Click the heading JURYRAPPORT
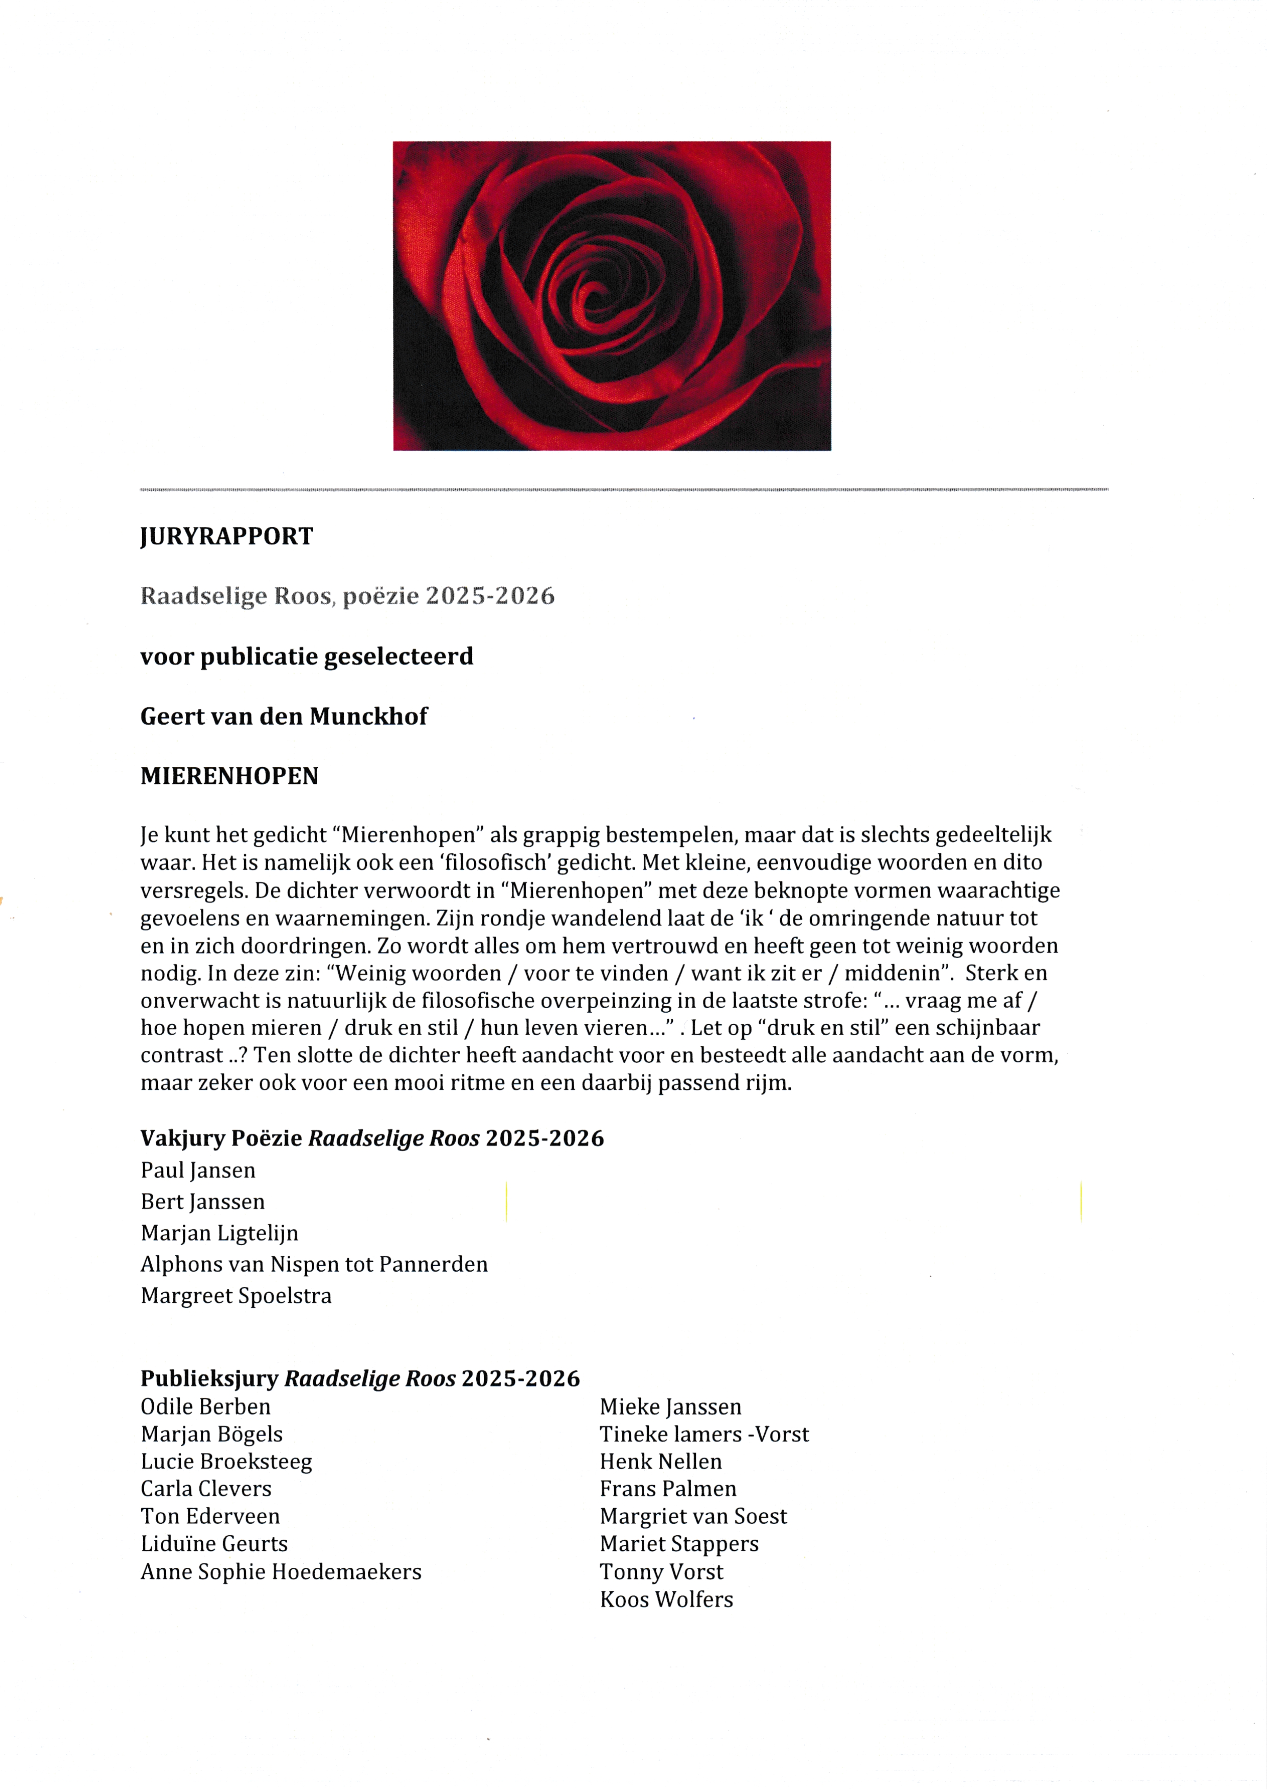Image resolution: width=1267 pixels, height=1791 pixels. point(226,537)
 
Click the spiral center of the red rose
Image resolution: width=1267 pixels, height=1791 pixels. point(593,295)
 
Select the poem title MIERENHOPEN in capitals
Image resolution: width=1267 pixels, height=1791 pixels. point(229,776)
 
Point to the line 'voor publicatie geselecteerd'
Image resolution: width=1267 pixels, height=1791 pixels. point(307,657)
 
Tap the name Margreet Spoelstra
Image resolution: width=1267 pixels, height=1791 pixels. point(236,1296)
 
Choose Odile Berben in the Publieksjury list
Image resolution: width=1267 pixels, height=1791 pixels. point(205,1406)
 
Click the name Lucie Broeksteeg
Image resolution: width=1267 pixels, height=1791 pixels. point(226,1461)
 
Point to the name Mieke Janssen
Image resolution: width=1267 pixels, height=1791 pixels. point(670,1406)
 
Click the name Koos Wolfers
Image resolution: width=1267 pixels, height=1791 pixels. point(666,1599)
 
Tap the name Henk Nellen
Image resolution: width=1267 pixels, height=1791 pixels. point(660,1461)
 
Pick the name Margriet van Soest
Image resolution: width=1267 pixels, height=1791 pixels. point(693,1516)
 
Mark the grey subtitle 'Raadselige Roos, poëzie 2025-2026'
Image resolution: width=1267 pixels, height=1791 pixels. point(347,596)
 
